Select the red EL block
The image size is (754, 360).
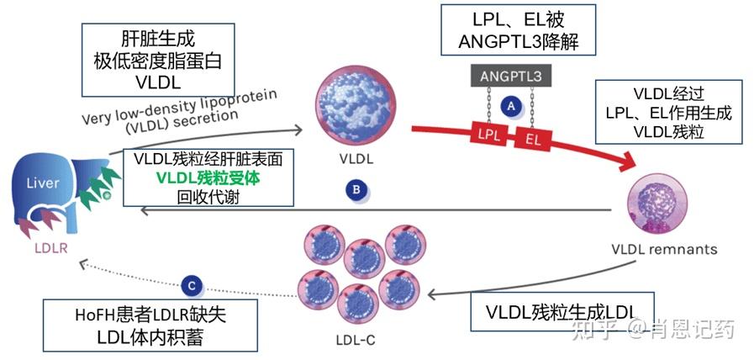tap(535, 138)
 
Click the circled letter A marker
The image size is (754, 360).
tap(509, 106)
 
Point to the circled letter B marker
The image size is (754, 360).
tap(356, 190)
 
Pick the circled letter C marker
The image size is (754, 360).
tap(192, 286)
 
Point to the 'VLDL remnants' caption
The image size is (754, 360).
tap(665, 249)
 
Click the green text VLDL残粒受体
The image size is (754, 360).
tap(208, 177)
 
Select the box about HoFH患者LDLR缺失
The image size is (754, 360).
tap(150, 326)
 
